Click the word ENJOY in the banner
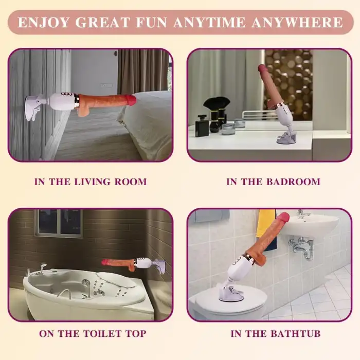(x=44, y=22)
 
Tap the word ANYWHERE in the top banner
(x=297, y=22)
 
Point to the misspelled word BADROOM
(x=293, y=182)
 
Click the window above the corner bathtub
(x=59, y=223)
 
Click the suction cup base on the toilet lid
(x=229, y=293)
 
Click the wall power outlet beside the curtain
(x=106, y=86)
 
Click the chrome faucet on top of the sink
(x=302, y=214)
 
